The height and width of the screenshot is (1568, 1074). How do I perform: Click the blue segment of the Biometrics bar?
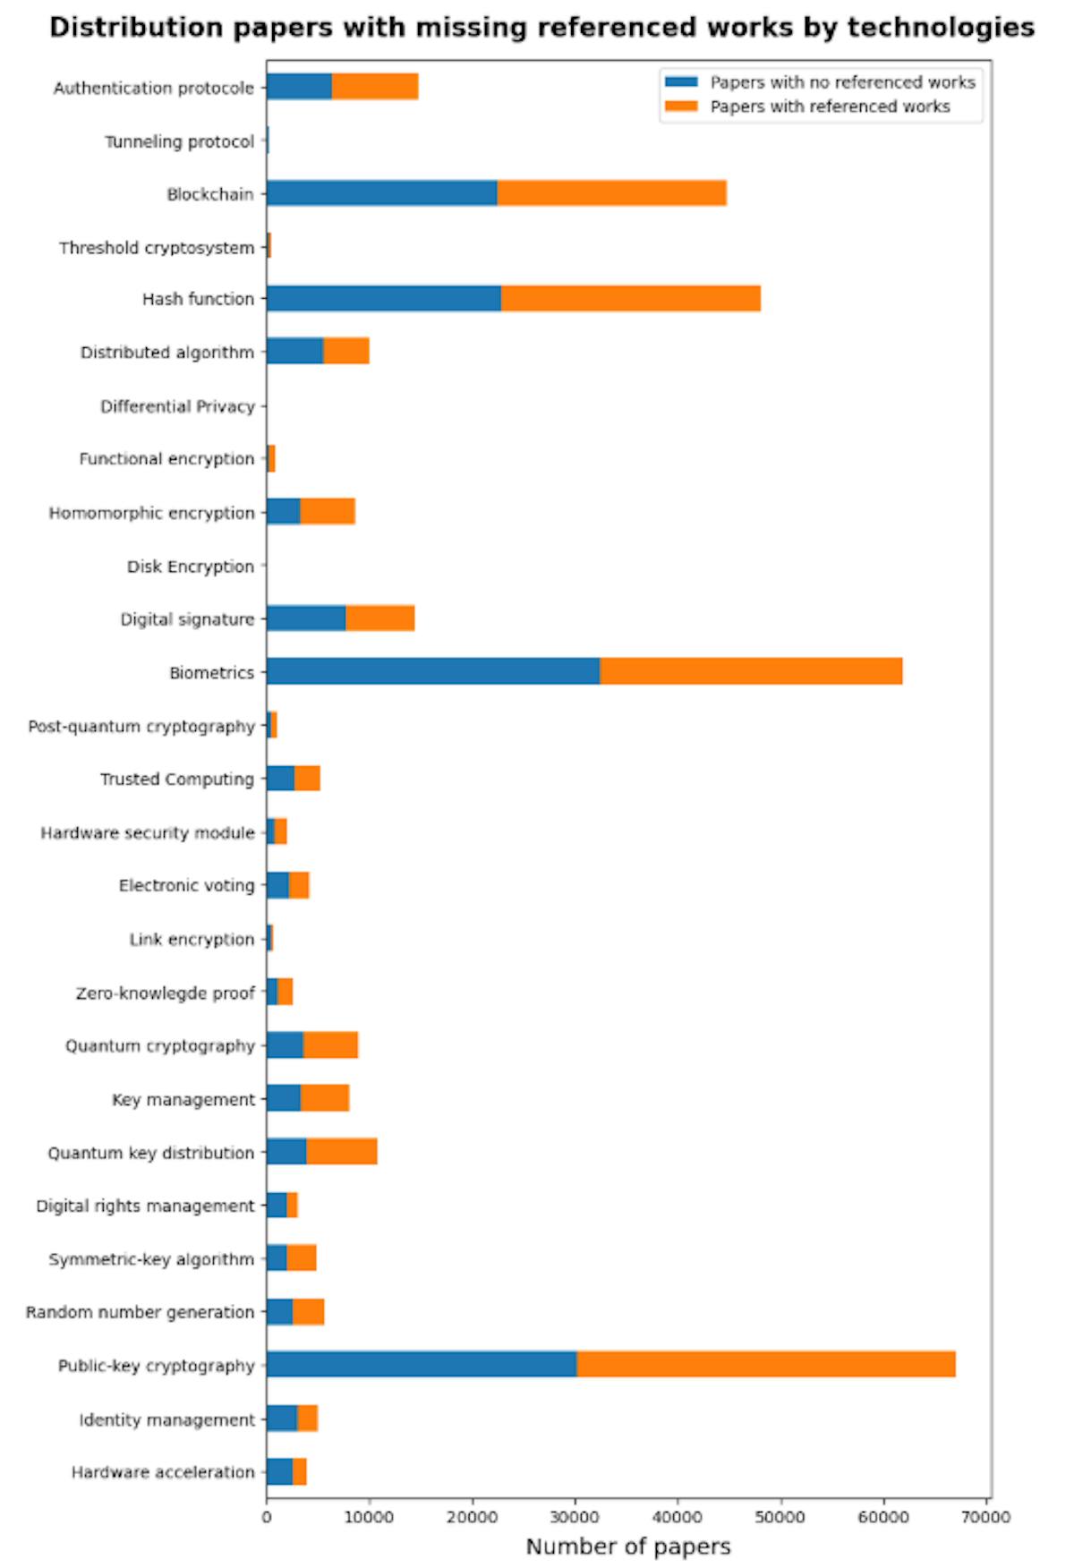click(x=432, y=671)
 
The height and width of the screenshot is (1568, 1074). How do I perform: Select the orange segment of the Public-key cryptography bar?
click(x=765, y=1364)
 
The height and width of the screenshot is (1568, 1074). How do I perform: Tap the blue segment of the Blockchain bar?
click(x=381, y=193)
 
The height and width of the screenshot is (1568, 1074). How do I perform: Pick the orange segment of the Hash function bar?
click(x=630, y=299)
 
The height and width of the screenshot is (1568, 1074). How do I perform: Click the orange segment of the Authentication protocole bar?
click(x=374, y=87)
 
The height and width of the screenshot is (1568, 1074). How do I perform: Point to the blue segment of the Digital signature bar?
click(x=305, y=618)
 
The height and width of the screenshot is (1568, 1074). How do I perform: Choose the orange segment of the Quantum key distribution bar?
click(x=341, y=1152)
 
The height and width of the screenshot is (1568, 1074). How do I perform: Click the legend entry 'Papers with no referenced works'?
click(x=841, y=82)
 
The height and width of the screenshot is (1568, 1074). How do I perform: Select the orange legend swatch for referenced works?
click(x=681, y=107)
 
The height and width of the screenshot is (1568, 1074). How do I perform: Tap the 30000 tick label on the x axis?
click(x=575, y=1516)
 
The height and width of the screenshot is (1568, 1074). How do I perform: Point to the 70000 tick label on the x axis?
click(x=986, y=1516)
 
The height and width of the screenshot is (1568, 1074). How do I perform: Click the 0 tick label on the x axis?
click(x=267, y=1516)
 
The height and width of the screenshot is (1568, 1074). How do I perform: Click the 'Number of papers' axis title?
click(x=628, y=1547)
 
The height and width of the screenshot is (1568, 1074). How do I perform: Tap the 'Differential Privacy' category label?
click(x=177, y=406)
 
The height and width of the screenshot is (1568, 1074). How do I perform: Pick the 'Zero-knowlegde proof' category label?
click(x=166, y=993)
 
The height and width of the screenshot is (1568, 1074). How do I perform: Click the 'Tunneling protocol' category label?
click(x=179, y=141)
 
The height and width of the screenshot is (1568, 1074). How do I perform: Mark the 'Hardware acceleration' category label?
click(x=163, y=1472)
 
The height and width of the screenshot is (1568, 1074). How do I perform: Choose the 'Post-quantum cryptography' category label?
click(x=141, y=726)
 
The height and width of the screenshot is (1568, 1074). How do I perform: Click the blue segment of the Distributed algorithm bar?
click(x=294, y=352)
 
